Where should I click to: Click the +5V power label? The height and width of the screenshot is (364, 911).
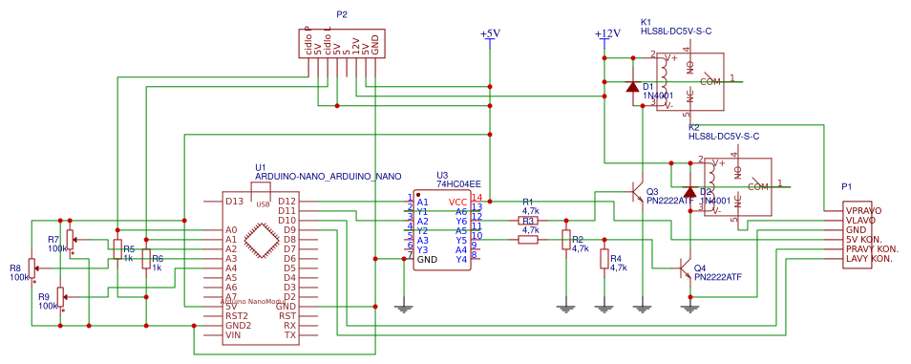(x=490, y=33)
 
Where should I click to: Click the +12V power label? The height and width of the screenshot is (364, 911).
(x=607, y=33)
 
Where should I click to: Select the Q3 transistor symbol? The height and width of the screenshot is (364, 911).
(x=637, y=193)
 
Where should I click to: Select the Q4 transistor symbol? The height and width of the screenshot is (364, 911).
(x=685, y=268)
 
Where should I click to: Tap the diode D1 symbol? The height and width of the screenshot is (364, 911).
(x=631, y=87)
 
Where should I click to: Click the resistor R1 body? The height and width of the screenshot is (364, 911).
(x=528, y=221)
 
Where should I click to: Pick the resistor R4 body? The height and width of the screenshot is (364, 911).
(x=604, y=259)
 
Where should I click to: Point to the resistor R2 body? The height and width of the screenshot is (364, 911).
(x=565, y=240)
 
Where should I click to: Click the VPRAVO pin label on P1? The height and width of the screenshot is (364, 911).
(x=863, y=210)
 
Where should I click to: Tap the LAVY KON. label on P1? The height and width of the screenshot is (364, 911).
(x=870, y=258)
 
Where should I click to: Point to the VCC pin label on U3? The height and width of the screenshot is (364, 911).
(x=458, y=202)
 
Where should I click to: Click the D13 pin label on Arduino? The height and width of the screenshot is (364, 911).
(x=234, y=201)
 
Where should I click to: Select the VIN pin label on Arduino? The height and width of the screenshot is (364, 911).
(x=232, y=334)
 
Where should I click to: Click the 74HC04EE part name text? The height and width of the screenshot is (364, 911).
(x=458, y=183)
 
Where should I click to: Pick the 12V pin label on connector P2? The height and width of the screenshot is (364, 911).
(x=354, y=44)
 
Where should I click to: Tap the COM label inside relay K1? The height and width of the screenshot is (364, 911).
(x=710, y=82)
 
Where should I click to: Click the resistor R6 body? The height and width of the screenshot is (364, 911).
(x=145, y=258)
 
